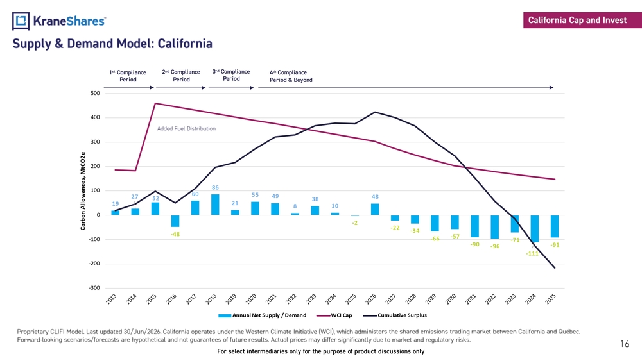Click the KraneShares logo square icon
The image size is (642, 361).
21,21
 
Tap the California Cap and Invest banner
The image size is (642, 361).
582,20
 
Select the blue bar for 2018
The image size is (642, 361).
215,205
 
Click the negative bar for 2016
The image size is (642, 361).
175,221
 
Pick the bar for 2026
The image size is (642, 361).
375,209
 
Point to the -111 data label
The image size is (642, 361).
532,253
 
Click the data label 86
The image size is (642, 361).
215,188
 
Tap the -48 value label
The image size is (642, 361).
175,234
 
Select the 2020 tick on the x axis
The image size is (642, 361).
251,299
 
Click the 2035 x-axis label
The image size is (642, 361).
551,299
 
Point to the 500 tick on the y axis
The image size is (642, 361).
95,93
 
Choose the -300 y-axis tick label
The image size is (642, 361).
94,288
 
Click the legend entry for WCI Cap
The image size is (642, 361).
334,315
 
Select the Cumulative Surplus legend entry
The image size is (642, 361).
395,315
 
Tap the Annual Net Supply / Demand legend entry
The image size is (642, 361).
263,315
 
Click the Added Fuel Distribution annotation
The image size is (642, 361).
186,128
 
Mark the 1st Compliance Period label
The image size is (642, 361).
128,76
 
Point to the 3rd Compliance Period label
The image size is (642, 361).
231,75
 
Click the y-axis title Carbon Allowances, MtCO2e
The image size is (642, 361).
83,191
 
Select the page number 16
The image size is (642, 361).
625,344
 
